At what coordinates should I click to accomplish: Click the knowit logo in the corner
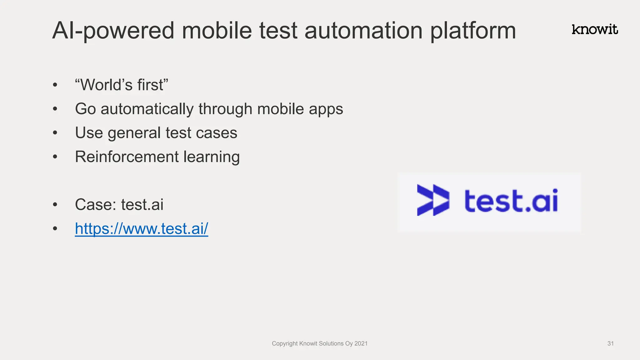595,30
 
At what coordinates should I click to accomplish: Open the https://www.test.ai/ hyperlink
141,228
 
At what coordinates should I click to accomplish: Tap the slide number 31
610,343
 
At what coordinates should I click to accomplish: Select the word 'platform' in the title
473,31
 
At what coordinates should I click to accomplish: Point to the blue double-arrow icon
433,200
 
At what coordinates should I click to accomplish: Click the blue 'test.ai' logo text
511,201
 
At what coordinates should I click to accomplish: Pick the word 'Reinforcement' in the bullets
127,157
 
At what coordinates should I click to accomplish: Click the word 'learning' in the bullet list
212,157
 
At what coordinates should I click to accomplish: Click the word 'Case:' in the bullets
95,205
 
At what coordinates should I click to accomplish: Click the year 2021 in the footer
361,343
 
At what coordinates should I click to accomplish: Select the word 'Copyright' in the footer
284,343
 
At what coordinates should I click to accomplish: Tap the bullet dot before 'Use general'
55,133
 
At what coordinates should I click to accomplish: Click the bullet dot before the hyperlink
55,228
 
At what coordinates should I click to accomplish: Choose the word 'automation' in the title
363,31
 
